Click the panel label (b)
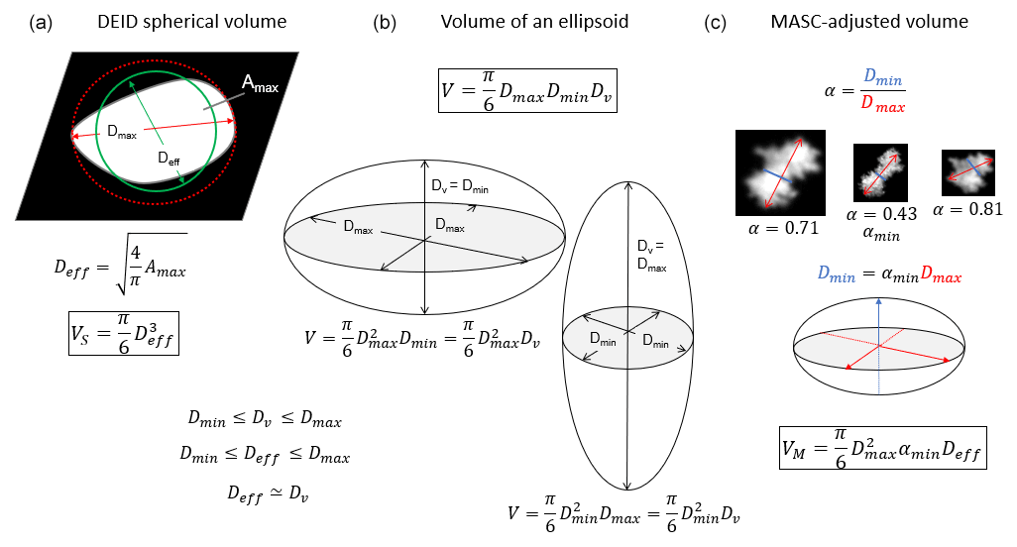384,21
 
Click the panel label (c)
715,21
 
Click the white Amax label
261,87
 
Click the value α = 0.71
781,228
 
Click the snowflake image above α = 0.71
780,173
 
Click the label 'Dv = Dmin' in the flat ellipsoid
459,185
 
